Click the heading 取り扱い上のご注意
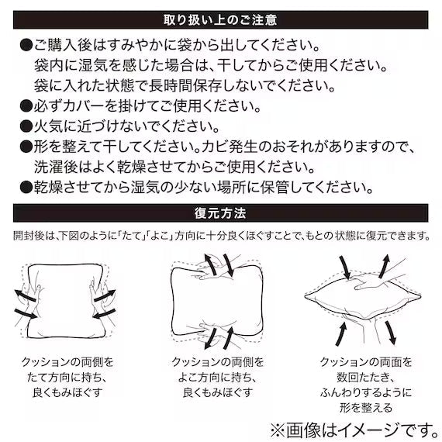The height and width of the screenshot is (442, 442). point(220,18)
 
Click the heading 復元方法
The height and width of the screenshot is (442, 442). point(220,212)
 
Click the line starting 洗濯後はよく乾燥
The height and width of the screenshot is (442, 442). point(174,167)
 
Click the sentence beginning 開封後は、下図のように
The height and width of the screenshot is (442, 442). point(220,234)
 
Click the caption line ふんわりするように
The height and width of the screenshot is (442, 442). point(366,392)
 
